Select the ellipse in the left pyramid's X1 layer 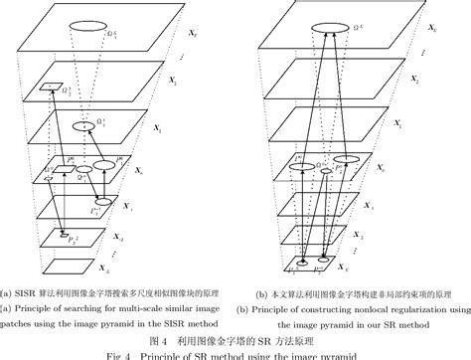point(89,127)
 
